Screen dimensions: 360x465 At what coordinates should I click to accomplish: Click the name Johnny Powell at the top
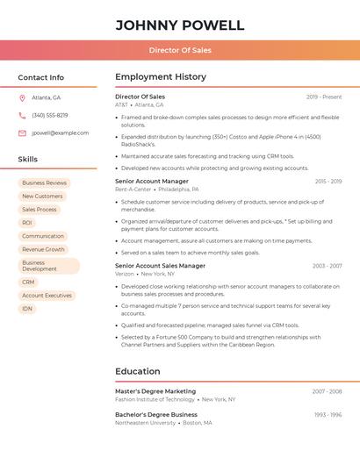179,25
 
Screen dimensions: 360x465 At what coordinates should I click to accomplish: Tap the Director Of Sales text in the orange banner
179,51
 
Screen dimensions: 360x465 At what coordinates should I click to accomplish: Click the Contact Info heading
40,77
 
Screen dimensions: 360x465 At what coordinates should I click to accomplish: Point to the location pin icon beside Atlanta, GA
22,97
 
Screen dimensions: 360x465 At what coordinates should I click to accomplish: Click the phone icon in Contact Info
22,115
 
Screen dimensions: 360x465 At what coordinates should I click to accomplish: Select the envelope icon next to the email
22,132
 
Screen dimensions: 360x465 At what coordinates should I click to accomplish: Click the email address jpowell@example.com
60,132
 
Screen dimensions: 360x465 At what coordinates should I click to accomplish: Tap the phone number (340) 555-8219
49,115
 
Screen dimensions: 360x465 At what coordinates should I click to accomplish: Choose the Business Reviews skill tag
44,183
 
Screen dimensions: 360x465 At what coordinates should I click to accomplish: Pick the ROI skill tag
27,223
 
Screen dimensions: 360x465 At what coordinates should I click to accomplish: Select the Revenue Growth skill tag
43,249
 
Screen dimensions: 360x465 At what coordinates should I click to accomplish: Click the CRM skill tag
28,283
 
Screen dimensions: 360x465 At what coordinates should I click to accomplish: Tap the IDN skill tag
27,309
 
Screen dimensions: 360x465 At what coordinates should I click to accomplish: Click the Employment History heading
160,77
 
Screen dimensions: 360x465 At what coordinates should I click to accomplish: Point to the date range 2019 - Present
324,97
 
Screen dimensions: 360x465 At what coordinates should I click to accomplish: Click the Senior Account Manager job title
151,182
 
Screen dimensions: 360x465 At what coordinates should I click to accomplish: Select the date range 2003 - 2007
327,266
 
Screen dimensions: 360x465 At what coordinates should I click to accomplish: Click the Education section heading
137,371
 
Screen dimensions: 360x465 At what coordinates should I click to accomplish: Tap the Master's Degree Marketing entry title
155,391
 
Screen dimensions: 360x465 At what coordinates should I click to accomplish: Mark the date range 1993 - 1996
328,415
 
